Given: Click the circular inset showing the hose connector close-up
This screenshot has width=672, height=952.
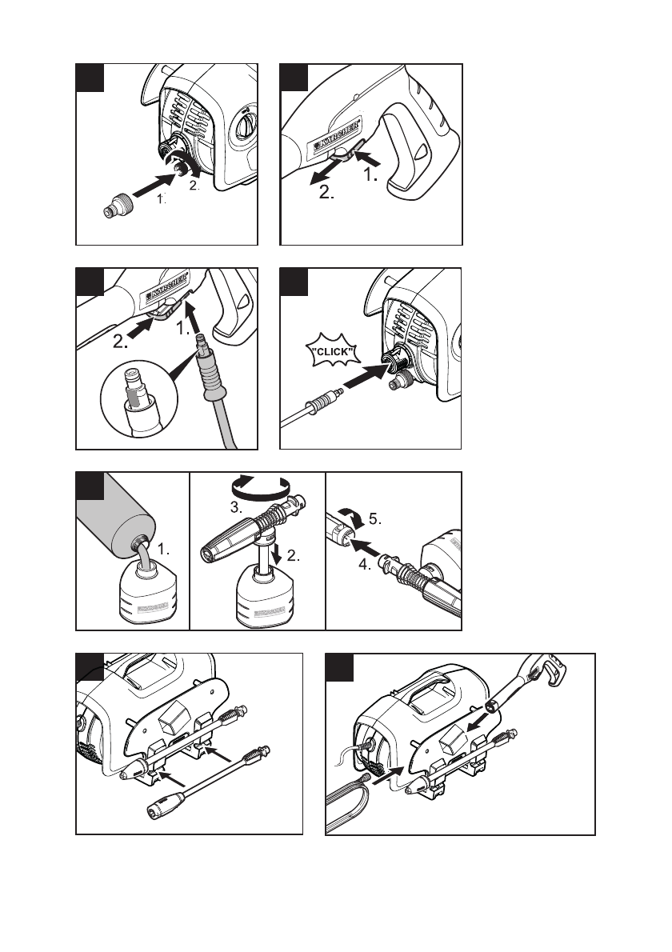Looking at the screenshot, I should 134,403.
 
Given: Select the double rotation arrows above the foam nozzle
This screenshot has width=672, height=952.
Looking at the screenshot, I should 257,486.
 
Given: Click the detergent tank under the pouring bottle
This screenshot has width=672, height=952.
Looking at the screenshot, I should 144,596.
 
